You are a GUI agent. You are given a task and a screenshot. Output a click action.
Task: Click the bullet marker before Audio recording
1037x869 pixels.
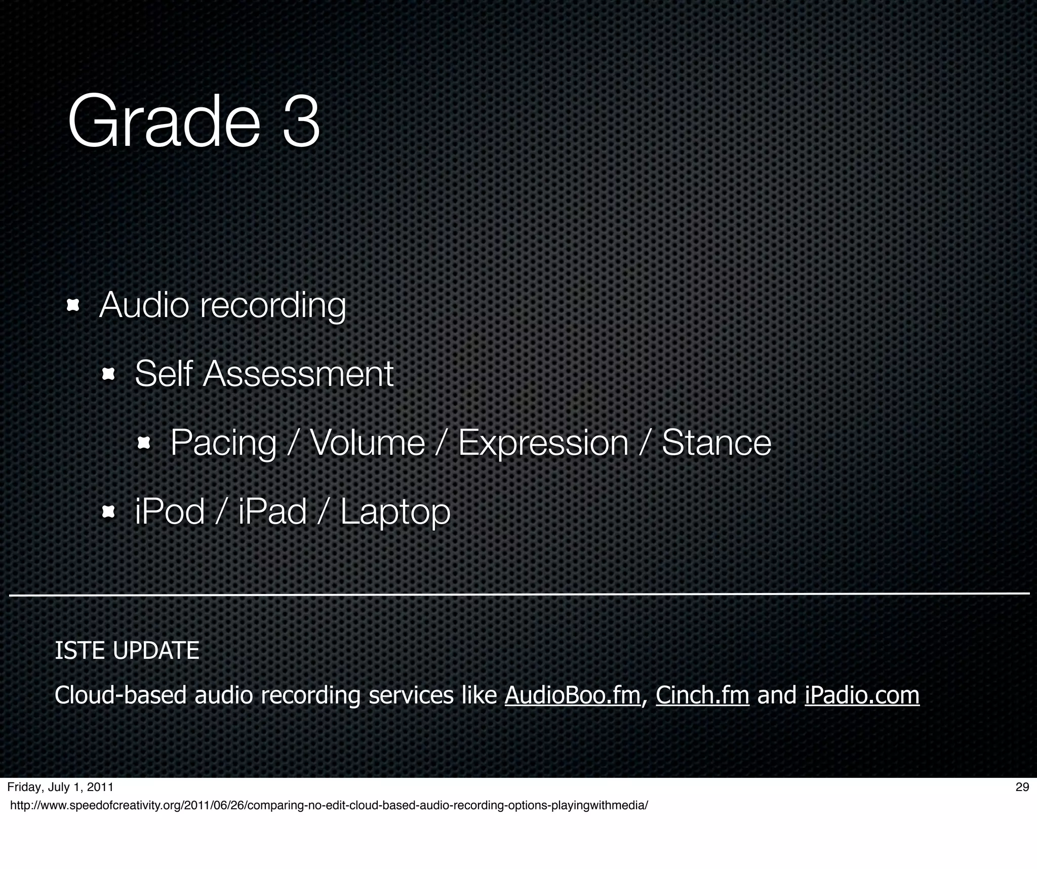tap(73, 305)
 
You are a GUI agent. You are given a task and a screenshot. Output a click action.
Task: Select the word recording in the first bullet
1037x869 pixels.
tap(273, 305)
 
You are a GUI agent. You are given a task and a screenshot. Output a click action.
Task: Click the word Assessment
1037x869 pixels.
tap(298, 374)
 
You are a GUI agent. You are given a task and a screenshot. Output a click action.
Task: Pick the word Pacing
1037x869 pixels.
tap(223, 443)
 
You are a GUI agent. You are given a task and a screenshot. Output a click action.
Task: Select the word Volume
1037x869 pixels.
tap(367, 443)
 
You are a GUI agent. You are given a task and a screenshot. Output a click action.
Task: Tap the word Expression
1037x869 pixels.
tap(543, 443)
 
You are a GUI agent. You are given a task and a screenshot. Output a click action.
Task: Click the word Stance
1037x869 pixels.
tap(716, 443)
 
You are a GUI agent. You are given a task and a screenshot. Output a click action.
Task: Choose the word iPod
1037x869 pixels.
tap(170, 511)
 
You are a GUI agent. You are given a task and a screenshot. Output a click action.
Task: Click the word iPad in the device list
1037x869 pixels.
tap(272, 511)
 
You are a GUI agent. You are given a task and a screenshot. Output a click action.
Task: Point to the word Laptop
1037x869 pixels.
tap(395, 511)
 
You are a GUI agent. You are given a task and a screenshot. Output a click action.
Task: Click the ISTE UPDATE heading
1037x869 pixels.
tap(127, 651)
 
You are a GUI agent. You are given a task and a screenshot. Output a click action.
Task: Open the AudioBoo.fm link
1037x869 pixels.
tap(573, 695)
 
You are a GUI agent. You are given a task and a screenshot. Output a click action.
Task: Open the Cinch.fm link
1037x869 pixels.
tap(702, 695)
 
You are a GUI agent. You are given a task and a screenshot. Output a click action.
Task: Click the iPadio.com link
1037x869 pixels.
tap(862, 695)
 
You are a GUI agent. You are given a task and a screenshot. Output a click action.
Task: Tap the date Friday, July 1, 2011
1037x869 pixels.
tap(60, 787)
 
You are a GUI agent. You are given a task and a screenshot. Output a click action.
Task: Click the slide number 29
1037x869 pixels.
tap(1022, 787)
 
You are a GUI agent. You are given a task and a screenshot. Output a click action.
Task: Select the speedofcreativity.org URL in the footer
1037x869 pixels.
tap(329, 806)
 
